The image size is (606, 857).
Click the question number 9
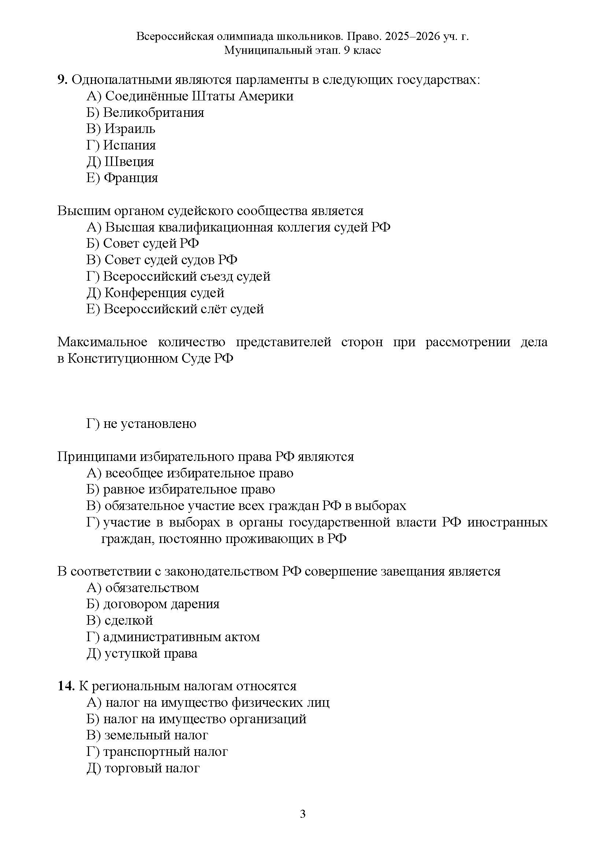tap(62, 80)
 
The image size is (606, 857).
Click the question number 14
tap(66, 686)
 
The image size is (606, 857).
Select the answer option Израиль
tap(121, 129)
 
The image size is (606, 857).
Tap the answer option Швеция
tap(120, 162)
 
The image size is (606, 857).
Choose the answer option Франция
tap(122, 178)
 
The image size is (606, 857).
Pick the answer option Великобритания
tap(145, 112)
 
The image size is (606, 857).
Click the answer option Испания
tap(121, 145)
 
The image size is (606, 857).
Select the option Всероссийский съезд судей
tap(178, 276)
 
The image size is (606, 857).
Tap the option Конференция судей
tap(156, 293)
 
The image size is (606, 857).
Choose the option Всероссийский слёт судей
tap(175, 309)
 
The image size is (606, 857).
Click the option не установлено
tap(141, 424)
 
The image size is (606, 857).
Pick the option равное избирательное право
tap(181, 490)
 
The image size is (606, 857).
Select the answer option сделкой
tap(120, 620)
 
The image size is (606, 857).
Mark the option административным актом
tap(173, 637)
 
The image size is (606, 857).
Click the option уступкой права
tap(142, 653)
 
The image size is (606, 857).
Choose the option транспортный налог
tap(157, 751)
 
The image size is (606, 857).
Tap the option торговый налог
tap(143, 768)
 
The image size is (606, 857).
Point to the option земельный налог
tap(147, 735)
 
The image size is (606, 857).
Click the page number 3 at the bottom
tap(303, 824)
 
